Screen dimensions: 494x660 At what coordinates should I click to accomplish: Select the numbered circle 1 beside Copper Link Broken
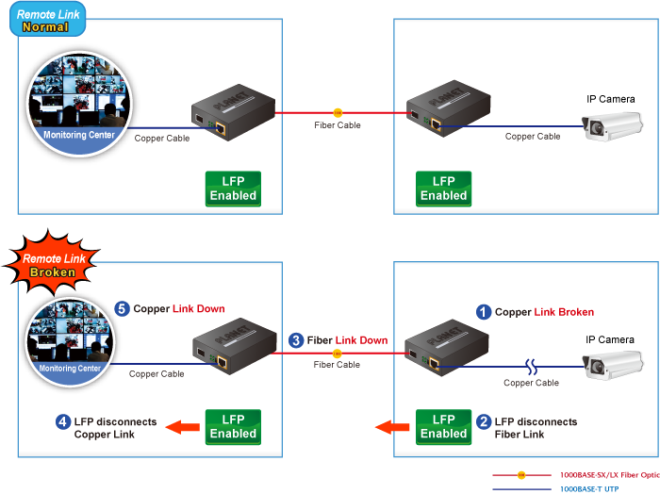(483, 312)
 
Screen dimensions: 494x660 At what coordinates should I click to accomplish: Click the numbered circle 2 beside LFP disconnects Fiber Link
(483, 422)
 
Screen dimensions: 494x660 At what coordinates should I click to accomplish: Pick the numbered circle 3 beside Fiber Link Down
(296, 339)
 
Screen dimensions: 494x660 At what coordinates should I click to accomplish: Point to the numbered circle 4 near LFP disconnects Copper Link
(62, 422)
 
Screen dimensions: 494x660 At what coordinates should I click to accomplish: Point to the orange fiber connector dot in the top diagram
(338, 112)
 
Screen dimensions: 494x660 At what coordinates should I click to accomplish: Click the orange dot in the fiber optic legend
(521, 475)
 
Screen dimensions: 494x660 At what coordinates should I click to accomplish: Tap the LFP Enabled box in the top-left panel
(233, 189)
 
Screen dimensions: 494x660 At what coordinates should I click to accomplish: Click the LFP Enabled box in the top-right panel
(443, 189)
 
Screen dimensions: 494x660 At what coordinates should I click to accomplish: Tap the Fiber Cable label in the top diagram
(338, 125)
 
